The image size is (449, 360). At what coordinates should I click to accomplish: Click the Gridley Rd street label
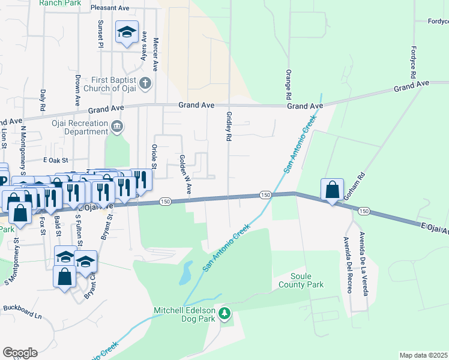coord(229,126)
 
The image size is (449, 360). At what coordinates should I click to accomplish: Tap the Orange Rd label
coord(289,85)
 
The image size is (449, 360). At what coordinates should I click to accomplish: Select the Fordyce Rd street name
coord(413,62)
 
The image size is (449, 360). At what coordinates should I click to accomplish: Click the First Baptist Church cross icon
coord(145,83)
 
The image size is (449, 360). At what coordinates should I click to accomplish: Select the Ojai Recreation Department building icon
coord(117,125)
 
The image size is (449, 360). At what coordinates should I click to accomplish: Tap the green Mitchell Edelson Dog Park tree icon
coord(224,313)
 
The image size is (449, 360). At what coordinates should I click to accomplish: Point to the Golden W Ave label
coord(185,174)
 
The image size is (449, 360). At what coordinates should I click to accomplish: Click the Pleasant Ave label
coord(110,8)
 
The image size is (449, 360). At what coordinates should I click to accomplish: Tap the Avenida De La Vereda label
coord(363,263)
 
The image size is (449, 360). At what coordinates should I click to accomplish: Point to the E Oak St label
coord(56,160)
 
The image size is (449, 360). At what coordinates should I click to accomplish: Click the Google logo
coord(20,352)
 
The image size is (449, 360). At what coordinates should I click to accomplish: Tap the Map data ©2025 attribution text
coord(423,355)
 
